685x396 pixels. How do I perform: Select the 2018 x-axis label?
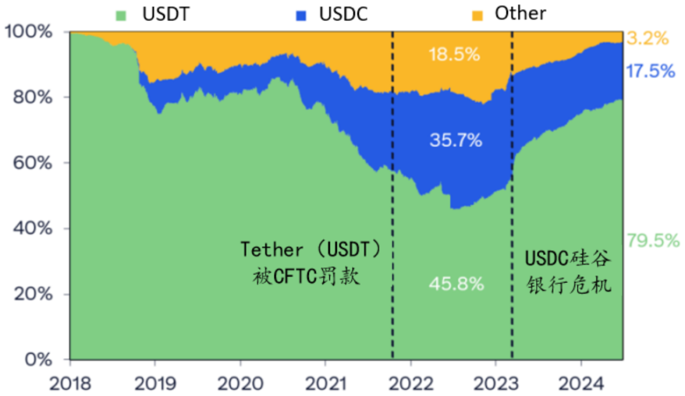click(x=70, y=383)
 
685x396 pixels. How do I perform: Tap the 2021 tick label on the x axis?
click(x=325, y=383)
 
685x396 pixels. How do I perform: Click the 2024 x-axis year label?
click(x=582, y=383)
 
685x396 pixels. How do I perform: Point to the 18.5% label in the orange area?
click(x=453, y=55)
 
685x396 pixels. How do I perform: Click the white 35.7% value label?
click(x=455, y=140)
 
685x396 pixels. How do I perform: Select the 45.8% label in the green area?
click(x=456, y=284)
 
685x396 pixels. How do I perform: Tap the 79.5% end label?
click(x=653, y=241)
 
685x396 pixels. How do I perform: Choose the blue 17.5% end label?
click(x=650, y=71)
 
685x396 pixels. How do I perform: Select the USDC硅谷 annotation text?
click(x=568, y=258)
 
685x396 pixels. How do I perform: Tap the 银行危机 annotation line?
click(x=569, y=285)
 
